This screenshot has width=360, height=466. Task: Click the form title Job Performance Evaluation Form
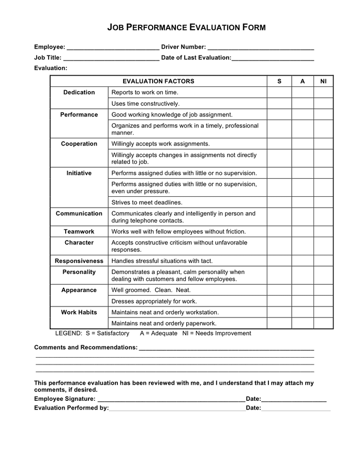[x=186, y=27]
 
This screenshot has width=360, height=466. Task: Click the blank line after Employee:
[x=113, y=48]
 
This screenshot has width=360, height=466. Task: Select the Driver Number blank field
[x=261, y=48]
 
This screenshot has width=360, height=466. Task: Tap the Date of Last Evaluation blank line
[x=273, y=59]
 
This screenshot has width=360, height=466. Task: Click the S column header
[x=279, y=81]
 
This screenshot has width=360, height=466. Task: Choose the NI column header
[x=323, y=81]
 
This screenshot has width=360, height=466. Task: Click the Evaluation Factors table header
[x=158, y=81]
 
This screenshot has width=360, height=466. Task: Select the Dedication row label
[x=79, y=93]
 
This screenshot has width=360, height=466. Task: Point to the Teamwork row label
[x=79, y=232]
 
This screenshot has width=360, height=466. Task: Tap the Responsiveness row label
[x=79, y=261]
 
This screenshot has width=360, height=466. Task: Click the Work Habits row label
[x=79, y=313]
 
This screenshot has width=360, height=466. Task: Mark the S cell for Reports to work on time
[x=279, y=93]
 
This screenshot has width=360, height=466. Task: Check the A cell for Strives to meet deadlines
[x=303, y=203]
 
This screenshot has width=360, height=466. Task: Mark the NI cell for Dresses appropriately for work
[x=323, y=301]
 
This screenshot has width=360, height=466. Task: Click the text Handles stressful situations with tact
[x=162, y=261]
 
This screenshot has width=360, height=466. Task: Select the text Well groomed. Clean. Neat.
[x=151, y=290]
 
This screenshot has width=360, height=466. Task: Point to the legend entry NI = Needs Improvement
[x=217, y=333]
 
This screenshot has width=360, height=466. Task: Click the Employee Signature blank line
[x=171, y=399]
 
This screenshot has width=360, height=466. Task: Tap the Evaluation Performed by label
[x=71, y=409]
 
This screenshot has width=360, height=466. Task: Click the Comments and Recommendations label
[x=86, y=347]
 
